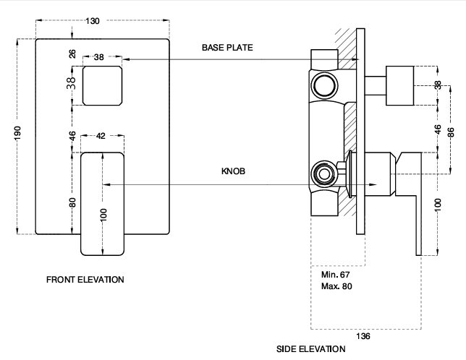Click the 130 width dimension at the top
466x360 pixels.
93,21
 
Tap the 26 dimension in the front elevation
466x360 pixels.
72,54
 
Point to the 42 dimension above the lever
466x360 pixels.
101,136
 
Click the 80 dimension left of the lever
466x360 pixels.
72,202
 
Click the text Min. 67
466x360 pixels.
334,275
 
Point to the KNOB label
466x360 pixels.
234,173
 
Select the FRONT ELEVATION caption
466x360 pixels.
85,279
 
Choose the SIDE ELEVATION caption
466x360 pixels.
311,348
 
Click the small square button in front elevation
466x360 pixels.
102,84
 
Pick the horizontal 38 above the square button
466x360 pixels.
98,56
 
